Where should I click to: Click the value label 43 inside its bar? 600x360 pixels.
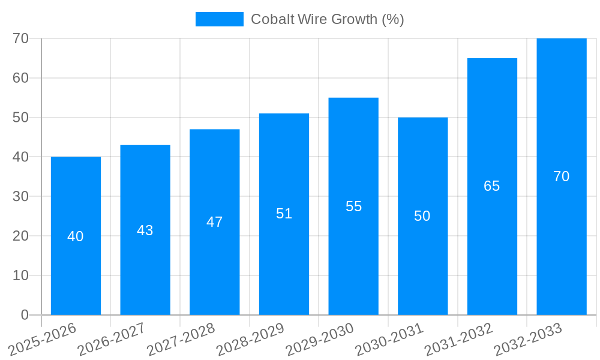tap(145, 230)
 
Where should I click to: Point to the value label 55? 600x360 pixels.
tap(353, 206)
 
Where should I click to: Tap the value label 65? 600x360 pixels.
tap(492, 186)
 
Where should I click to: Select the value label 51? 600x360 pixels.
tap(284, 214)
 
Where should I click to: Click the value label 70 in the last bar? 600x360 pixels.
tap(562, 176)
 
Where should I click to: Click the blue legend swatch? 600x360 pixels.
tap(219, 19)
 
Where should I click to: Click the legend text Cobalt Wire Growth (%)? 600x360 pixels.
tap(327, 19)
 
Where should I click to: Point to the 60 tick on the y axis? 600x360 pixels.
tap(21, 78)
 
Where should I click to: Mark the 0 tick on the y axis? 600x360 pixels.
tap(25, 315)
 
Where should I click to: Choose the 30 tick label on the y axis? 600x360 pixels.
tap(21, 196)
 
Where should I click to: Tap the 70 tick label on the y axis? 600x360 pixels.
tap(21, 38)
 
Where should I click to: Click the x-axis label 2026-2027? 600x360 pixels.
tap(111, 340)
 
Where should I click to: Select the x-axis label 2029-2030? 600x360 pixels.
tap(319, 340)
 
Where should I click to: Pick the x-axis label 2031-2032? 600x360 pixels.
tap(458, 340)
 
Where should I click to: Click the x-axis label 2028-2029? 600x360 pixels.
tap(250, 340)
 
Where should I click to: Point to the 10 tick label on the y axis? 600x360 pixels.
tap(21, 275)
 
